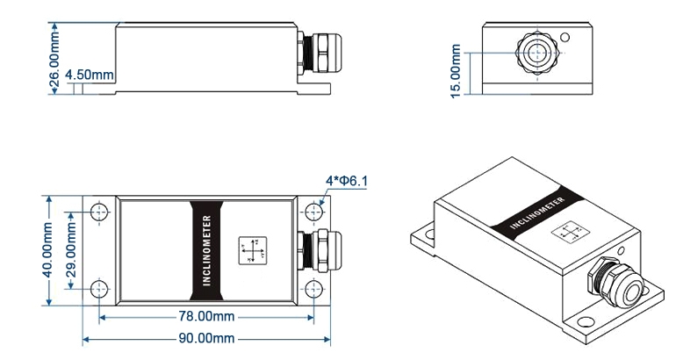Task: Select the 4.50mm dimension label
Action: [x=90, y=76]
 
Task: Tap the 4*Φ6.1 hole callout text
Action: [x=346, y=182]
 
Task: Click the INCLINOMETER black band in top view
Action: [x=206, y=249]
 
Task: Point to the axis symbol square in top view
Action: [x=253, y=250]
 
